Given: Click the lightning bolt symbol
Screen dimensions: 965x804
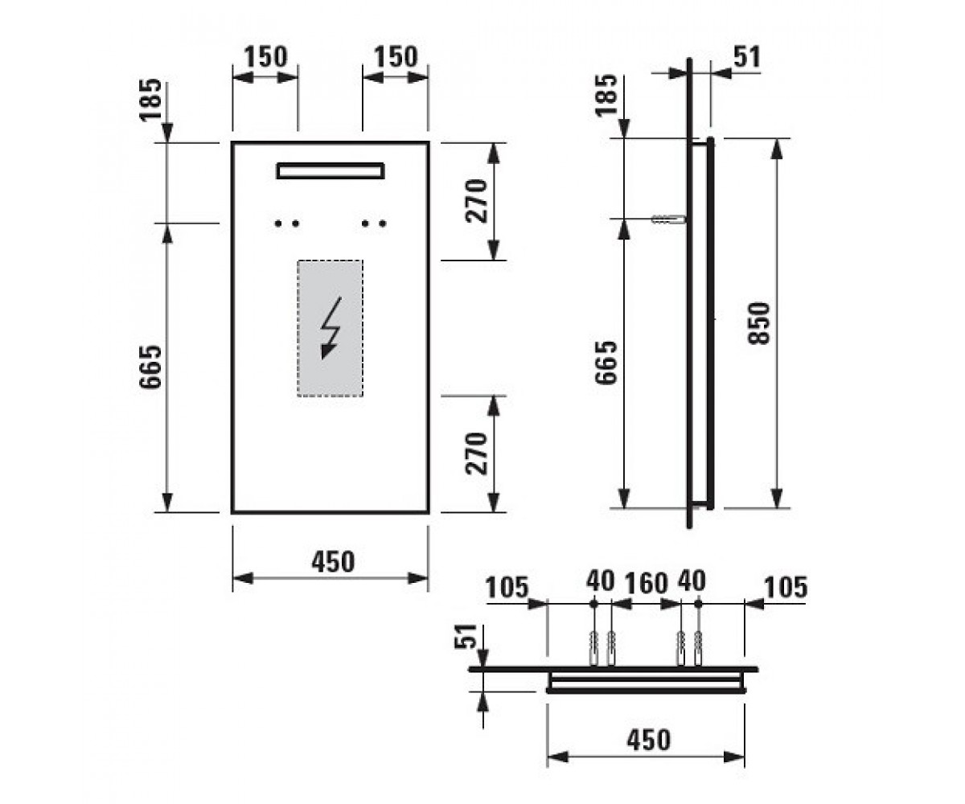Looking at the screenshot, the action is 331,327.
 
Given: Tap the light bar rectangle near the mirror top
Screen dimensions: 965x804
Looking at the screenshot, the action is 331,170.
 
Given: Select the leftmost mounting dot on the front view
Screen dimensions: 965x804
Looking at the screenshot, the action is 277,224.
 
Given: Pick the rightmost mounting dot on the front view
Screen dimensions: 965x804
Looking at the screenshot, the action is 383,224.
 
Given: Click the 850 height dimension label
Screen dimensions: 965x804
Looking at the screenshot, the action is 759,323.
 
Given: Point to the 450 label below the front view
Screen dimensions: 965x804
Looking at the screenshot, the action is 333,562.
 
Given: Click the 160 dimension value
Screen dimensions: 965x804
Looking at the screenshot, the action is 646,583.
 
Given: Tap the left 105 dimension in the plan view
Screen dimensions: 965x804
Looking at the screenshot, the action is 506,588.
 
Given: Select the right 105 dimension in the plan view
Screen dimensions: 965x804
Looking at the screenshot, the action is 786,588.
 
